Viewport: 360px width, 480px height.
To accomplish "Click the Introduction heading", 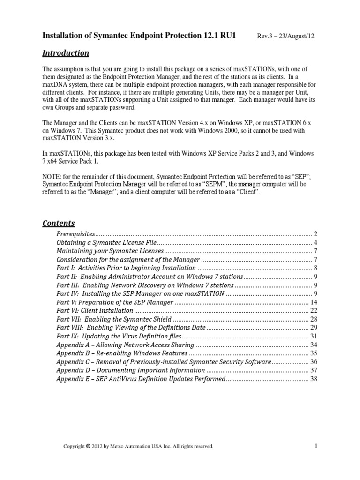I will point(66,53).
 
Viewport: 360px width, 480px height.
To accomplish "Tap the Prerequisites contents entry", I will point(76,233).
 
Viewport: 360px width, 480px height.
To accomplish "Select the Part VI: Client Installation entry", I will point(95,310).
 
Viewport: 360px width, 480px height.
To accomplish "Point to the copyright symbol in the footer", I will point(89,446).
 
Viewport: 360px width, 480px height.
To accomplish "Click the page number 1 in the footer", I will point(317,446).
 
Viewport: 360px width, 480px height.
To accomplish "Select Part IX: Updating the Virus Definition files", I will point(118,336).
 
